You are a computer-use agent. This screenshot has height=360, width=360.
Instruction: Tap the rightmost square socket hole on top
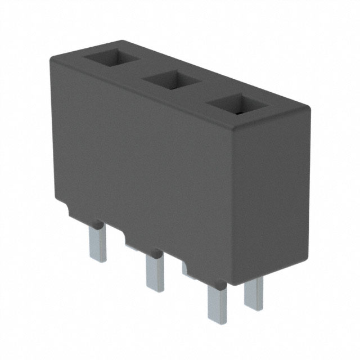point(235,105)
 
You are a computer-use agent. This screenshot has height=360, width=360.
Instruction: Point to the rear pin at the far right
point(254,292)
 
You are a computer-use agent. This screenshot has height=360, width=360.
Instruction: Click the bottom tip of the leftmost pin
point(98,259)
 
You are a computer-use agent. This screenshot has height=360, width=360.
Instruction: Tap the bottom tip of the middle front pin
point(155,289)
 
